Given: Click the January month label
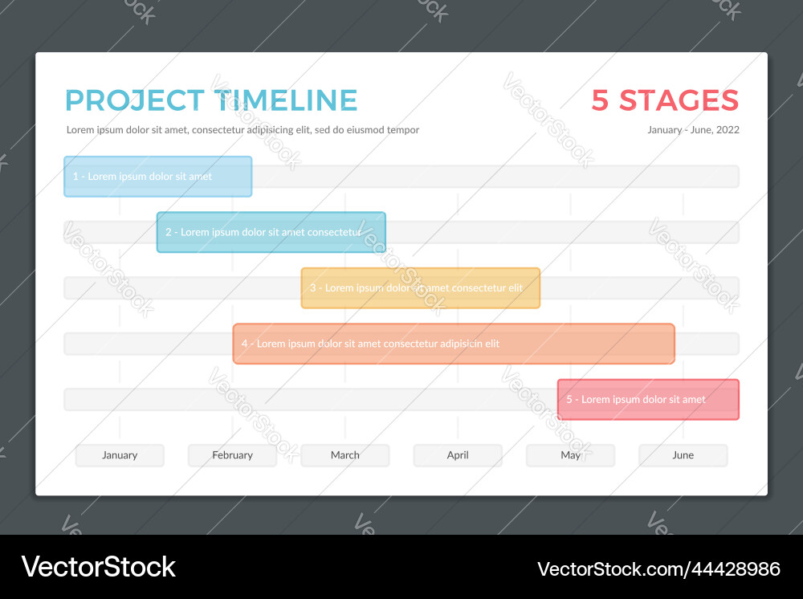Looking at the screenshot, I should click(x=120, y=455).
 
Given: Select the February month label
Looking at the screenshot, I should click(x=232, y=455).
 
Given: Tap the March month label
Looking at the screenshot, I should click(x=345, y=455).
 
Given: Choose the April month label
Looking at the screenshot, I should click(x=458, y=455).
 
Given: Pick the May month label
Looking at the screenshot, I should click(x=570, y=455).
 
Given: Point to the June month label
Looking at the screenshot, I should click(x=683, y=455).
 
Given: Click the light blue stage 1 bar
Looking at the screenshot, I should click(x=157, y=177).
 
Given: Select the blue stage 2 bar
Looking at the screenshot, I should click(x=271, y=232).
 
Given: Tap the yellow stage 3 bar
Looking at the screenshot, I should click(x=420, y=288).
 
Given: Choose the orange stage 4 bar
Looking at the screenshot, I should click(x=454, y=344).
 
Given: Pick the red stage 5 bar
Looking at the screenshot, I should click(x=648, y=400).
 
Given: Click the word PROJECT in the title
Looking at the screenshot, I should click(x=134, y=100).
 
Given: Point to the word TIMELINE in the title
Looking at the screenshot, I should click(x=286, y=100).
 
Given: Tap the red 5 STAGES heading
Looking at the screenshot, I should click(x=665, y=100).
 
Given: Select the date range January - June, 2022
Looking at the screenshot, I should click(x=693, y=130).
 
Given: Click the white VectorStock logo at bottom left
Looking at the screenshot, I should click(x=98, y=567).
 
